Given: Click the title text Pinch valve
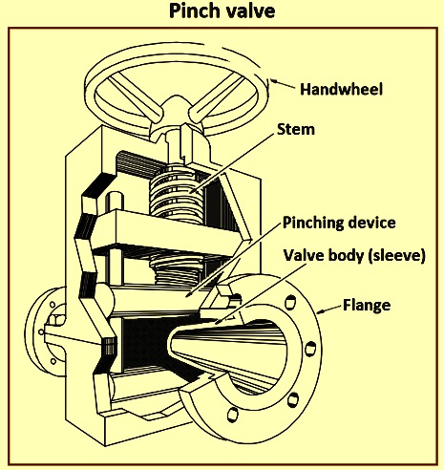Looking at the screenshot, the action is (x=222, y=11).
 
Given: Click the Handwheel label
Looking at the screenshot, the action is (x=341, y=89).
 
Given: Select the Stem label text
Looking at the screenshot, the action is (x=296, y=129).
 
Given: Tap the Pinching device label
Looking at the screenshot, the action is (x=339, y=223).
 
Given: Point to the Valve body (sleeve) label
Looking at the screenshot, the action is (x=354, y=255).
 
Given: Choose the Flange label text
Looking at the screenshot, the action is (x=367, y=305).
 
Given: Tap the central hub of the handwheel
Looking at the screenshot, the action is (x=176, y=108).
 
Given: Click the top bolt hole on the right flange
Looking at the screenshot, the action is (x=290, y=303).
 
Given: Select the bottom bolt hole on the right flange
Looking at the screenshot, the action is (x=233, y=415).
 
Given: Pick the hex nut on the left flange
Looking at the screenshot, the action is (x=57, y=319).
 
